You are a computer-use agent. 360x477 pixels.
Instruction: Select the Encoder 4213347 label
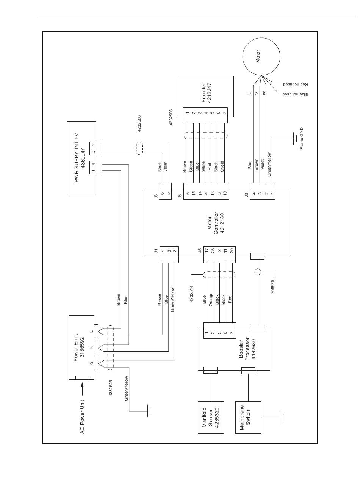pos(207,93)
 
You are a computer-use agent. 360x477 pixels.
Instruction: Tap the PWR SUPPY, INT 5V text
pos(77,158)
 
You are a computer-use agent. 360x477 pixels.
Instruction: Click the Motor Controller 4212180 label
pos(216,223)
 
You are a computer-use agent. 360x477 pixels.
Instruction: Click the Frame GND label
pos(302,139)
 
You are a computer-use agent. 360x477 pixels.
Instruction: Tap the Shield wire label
pos(222,167)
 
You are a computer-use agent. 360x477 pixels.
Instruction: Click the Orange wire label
pos(211,299)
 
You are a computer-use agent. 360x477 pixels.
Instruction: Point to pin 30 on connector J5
pos(231,249)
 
